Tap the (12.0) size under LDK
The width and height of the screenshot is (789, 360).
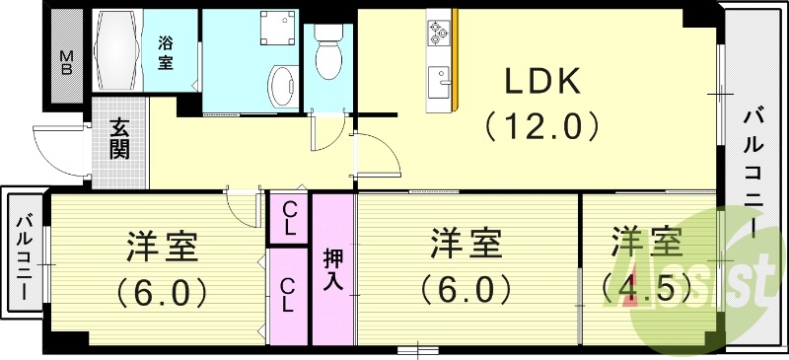[541, 125]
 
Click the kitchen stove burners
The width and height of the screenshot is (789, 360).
[436, 34]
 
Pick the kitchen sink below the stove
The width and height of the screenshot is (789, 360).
[439, 77]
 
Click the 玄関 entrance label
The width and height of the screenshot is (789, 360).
[119, 139]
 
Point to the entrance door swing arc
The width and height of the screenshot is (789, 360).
[59, 153]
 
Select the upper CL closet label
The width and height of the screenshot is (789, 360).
[291, 218]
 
